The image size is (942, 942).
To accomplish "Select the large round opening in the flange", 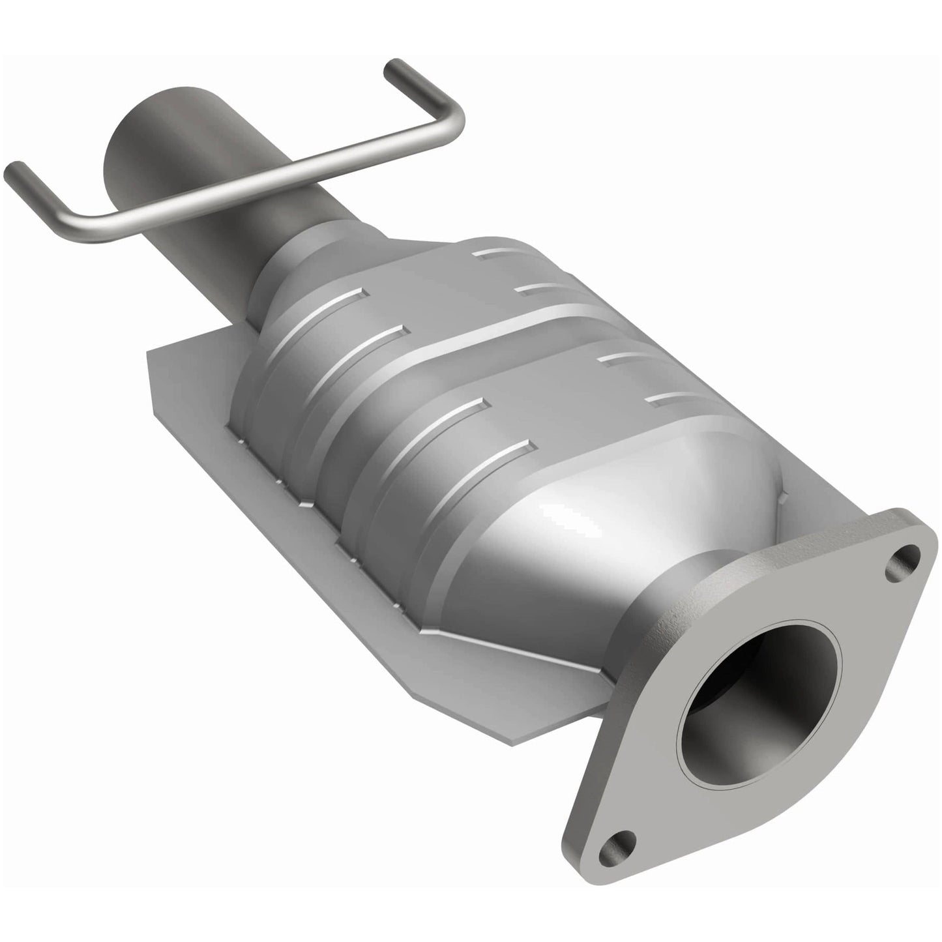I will [x=759, y=711].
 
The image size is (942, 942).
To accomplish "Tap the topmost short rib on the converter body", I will [x=495, y=251].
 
